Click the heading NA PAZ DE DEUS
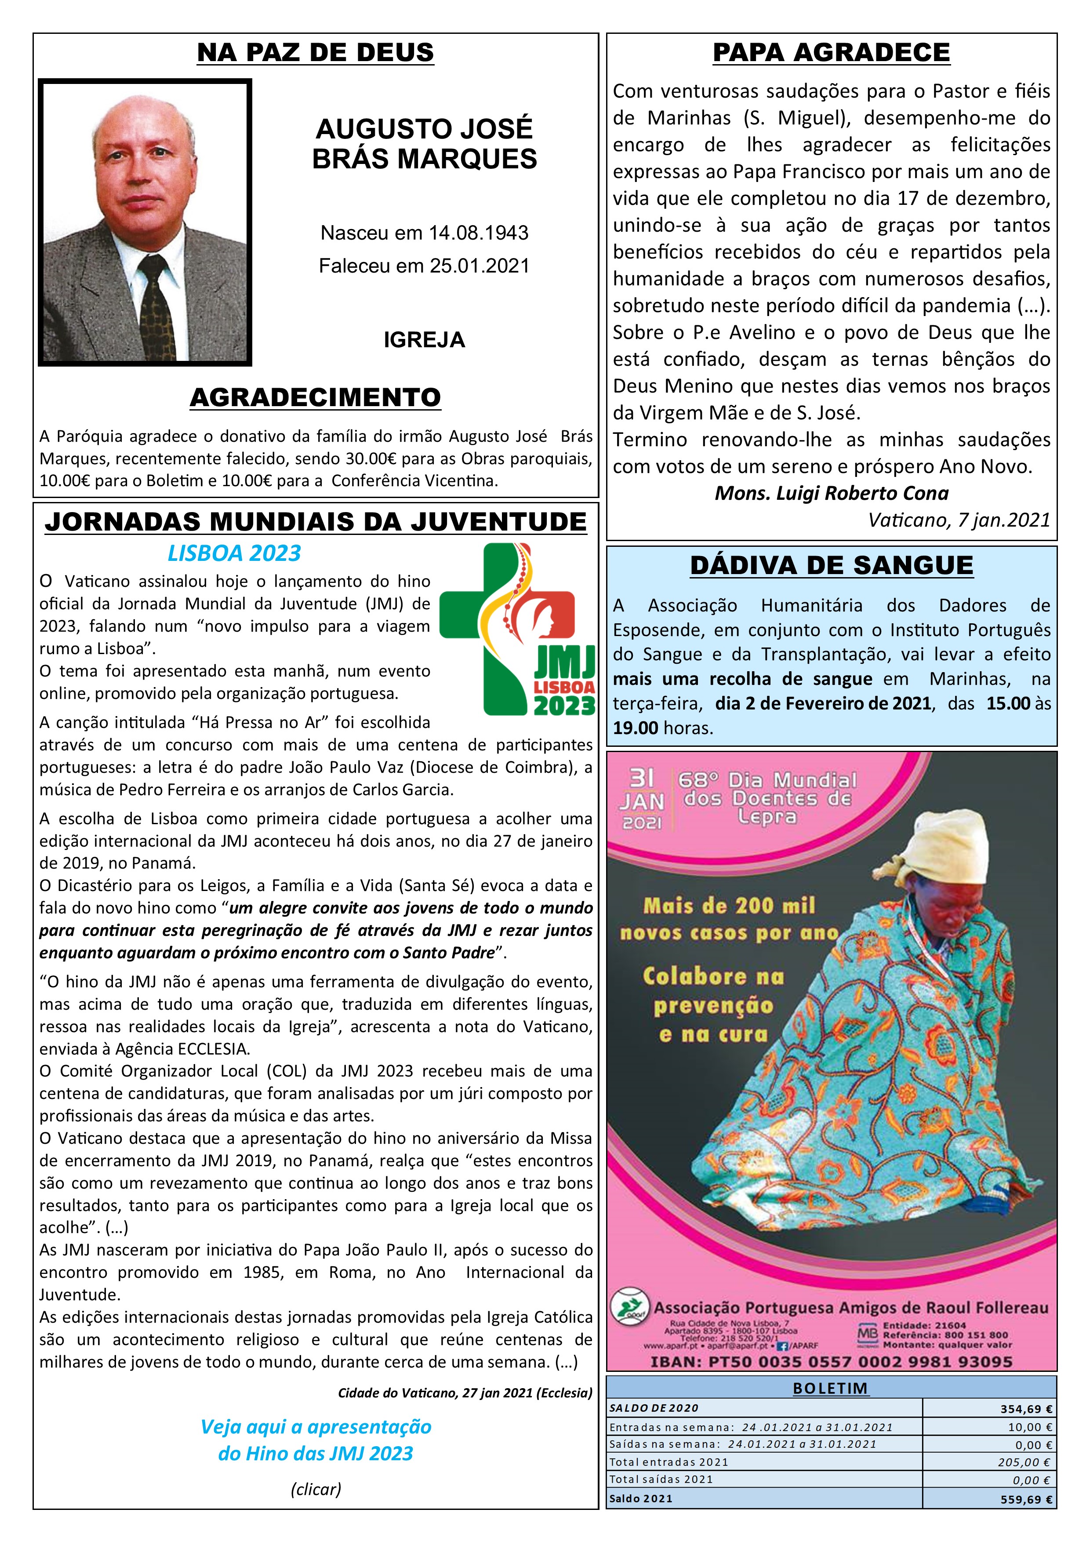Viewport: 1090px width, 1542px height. coord(315,52)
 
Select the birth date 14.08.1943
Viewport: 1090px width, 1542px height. coord(478,233)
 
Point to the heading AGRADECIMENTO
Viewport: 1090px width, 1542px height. coord(315,398)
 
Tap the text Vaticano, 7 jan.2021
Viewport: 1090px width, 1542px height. coord(959,520)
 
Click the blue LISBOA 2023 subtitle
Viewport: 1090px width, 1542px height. coord(234,553)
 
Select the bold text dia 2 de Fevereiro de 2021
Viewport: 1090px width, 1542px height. coord(823,704)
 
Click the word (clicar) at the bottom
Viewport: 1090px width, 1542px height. coord(315,1490)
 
